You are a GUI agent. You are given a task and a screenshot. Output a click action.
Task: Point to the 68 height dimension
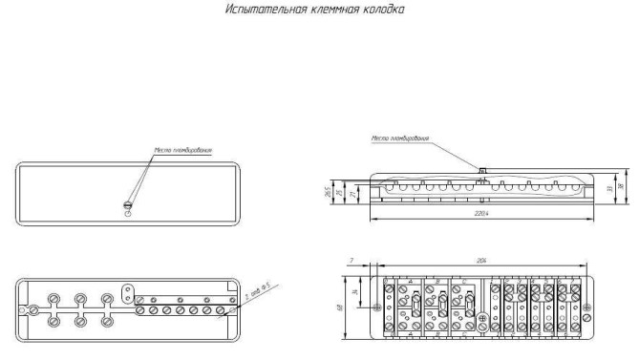[339, 307]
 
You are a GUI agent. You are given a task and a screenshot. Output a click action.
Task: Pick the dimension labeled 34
[353, 291]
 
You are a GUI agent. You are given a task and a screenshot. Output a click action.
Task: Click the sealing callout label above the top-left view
[182, 150]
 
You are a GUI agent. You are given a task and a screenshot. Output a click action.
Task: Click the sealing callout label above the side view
[400, 138]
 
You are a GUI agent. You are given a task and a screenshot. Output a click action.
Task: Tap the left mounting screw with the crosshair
[377, 307]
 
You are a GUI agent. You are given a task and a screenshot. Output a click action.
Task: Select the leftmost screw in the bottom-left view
[34, 309]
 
